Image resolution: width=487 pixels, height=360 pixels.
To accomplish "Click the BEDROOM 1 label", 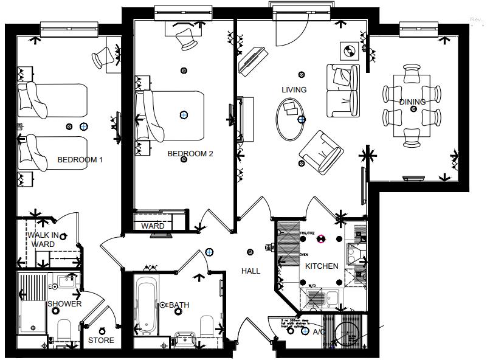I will point(80,160).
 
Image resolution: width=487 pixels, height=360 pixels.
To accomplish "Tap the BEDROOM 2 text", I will point(190,154).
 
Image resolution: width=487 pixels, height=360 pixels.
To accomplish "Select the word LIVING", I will point(294,90).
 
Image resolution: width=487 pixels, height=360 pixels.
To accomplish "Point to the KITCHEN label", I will point(322,266).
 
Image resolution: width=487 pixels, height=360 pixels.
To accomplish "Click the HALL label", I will point(250,271).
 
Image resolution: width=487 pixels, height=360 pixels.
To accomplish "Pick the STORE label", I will point(101,341).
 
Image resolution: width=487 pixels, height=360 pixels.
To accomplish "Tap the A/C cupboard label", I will point(319,332).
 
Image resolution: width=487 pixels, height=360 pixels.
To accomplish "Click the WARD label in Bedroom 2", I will point(153,226).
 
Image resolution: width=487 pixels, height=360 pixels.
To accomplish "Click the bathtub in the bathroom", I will point(146,305).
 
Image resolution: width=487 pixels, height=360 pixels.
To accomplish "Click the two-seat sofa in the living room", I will point(342,90).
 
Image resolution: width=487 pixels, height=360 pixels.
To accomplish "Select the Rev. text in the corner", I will point(476,20).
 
